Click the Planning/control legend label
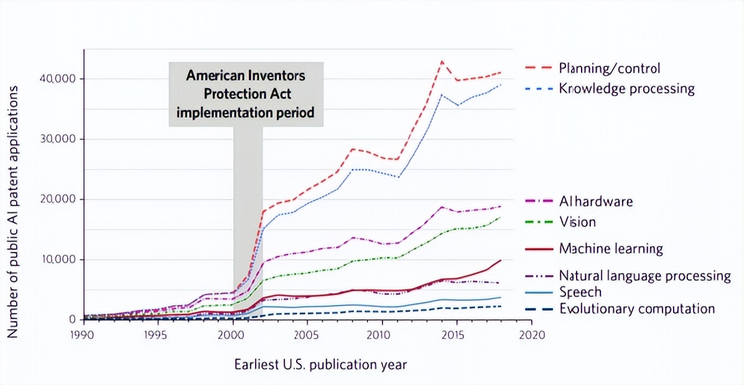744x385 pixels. (609, 68)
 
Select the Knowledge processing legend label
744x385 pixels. (626, 88)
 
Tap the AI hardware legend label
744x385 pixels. (595, 201)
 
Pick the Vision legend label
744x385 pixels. (577, 222)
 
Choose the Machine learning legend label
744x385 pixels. (610, 249)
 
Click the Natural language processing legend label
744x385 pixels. (644, 276)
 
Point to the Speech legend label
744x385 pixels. (580, 292)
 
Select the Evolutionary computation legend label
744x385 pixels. (637, 309)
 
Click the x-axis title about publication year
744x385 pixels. (320, 365)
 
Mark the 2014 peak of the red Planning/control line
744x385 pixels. (442, 61)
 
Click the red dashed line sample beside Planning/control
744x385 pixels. (537, 68)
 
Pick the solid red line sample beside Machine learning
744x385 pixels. (537, 249)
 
